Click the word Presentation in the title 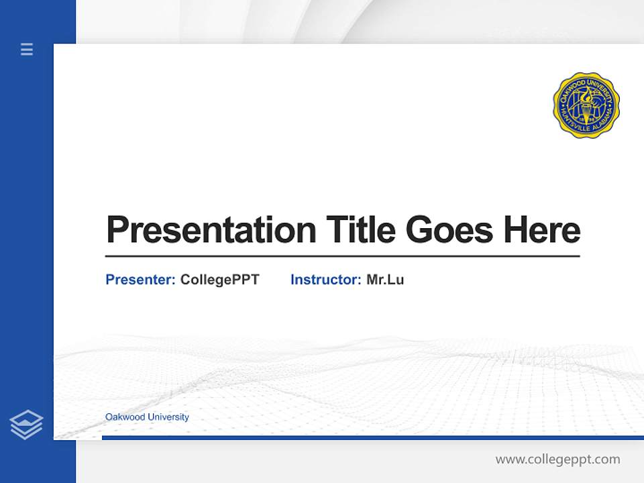pos(211,230)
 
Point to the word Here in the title pos(542,230)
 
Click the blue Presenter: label pos(140,280)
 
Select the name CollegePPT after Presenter pos(219,280)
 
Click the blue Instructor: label pos(325,280)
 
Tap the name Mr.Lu pos(385,280)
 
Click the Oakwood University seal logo pos(586,105)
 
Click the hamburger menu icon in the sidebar pos(27,49)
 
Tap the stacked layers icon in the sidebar pos(26,425)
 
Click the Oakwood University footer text pos(147,417)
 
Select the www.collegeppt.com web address pos(557,460)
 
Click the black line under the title pos(342,256)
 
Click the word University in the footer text pos(168,417)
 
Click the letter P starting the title pos(117,230)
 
